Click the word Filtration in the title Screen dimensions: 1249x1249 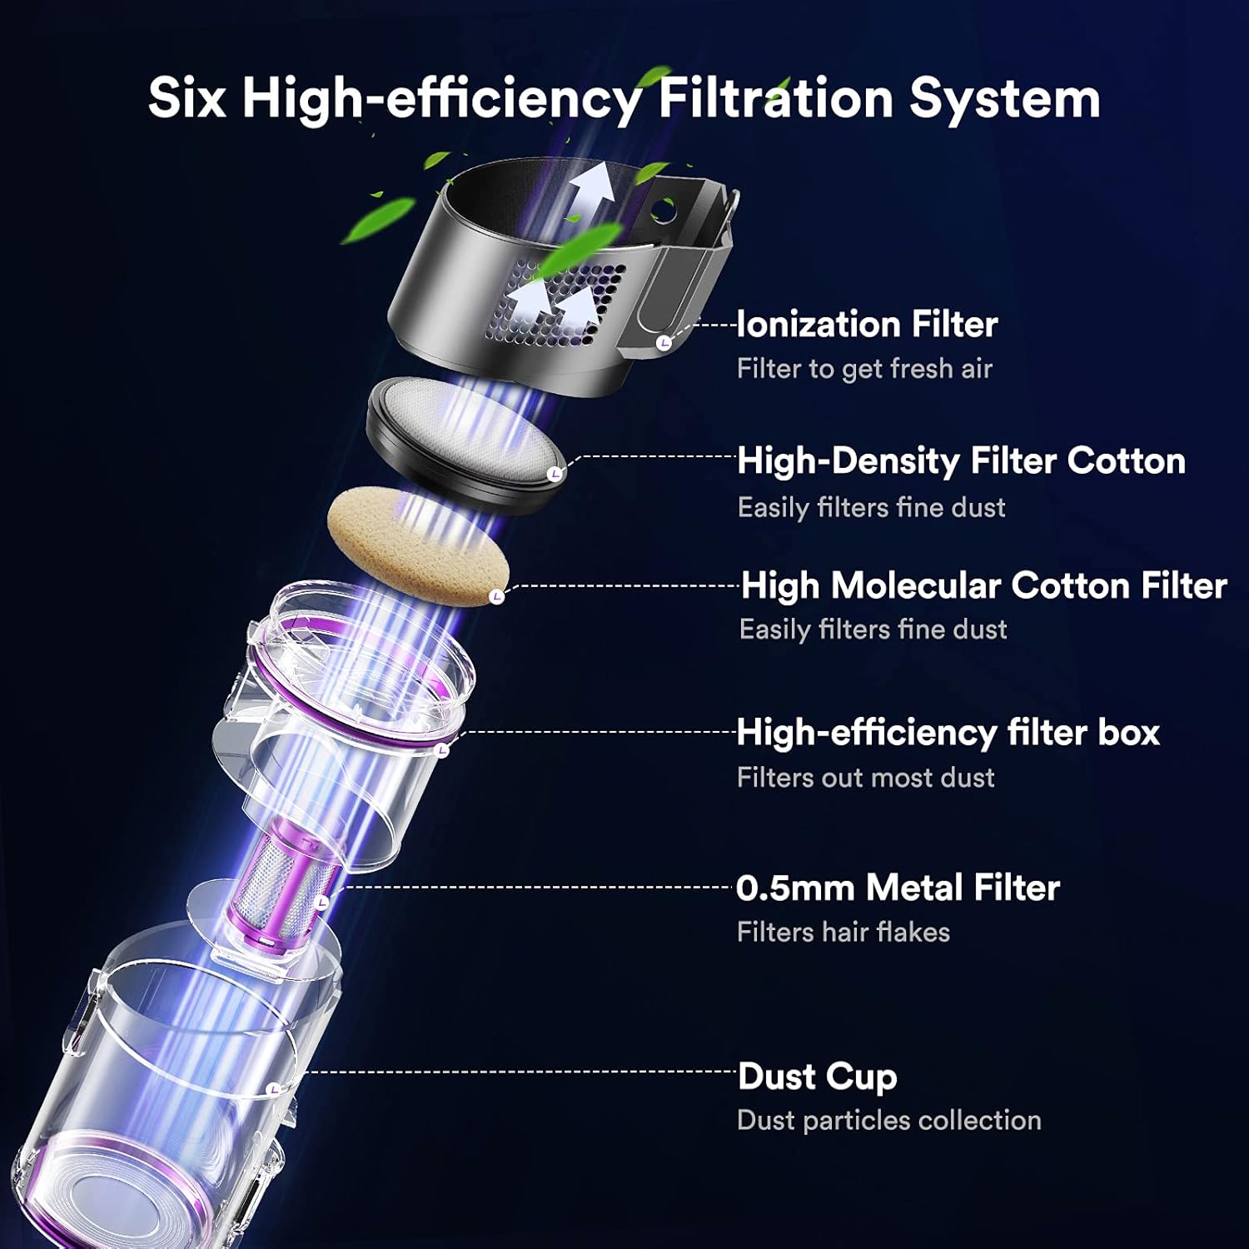pos(775,98)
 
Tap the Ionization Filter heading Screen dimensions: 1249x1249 pos(867,324)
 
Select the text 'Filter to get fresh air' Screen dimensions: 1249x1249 pos(864,368)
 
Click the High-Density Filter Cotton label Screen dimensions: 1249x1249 pos(961,460)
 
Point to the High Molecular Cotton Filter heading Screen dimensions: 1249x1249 pos(983,585)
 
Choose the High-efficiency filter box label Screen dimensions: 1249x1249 pos(948,733)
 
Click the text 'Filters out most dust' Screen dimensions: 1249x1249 pos(865,777)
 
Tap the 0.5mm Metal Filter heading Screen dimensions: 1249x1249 pos(898,888)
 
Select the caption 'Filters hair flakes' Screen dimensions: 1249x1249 pos(843,932)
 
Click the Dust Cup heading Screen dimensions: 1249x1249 pos(817,1076)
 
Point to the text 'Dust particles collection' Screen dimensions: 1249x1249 pos(888,1120)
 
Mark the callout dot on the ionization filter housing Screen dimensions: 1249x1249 pos(664,343)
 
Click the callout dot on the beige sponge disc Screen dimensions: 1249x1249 pos(497,596)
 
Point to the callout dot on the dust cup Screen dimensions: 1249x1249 pos(274,1088)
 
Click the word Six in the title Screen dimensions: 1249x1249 pos(187,98)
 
